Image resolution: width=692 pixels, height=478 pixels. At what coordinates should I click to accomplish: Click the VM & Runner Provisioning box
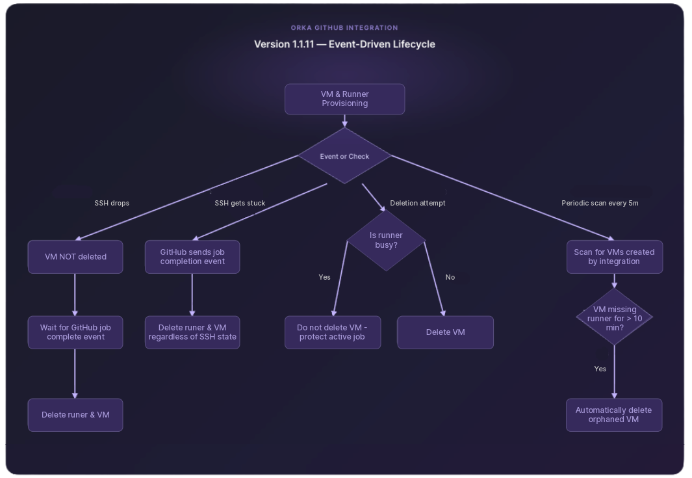(x=344, y=99)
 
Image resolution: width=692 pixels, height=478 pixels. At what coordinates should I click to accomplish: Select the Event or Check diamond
(x=344, y=156)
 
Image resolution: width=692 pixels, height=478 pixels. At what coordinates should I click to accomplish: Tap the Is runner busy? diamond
(x=386, y=240)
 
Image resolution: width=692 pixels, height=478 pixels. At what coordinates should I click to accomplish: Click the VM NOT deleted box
(x=75, y=257)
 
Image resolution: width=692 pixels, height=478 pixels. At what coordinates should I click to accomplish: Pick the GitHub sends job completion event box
(x=192, y=257)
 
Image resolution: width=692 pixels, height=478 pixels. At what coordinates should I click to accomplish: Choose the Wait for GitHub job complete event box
(x=75, y=332)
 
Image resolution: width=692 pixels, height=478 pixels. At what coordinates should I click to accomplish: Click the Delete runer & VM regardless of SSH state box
(x=192, y=332)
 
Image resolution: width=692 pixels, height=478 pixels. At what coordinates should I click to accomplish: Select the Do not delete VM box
(x=332, y=332)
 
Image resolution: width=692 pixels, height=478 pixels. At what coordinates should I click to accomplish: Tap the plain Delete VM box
(x=445, y=332)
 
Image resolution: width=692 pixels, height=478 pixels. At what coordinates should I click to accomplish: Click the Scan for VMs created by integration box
(x=614, y=257)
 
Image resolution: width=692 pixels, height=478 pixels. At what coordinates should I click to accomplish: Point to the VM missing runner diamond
(x=614, y=318)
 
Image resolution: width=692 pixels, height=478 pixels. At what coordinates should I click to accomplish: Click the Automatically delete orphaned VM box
(x=614, y=415)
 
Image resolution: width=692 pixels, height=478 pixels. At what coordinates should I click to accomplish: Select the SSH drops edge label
(x=112, y=203)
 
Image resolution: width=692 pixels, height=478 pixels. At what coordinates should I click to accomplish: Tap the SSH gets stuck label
(x=240, y=203)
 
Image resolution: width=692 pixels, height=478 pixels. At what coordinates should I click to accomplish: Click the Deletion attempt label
(x=418, y=203)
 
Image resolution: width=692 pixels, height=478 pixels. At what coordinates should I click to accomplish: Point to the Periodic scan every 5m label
(x=600, y=203)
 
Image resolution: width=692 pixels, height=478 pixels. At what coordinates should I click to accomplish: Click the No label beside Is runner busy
(x=450, y=277)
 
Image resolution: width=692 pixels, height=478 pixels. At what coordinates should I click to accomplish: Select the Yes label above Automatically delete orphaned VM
(x=600, y=369)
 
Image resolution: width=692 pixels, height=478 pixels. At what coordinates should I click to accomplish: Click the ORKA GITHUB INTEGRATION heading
(x=344, y=28)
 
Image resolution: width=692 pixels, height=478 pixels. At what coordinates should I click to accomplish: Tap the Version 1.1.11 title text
(x=344, y=44)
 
